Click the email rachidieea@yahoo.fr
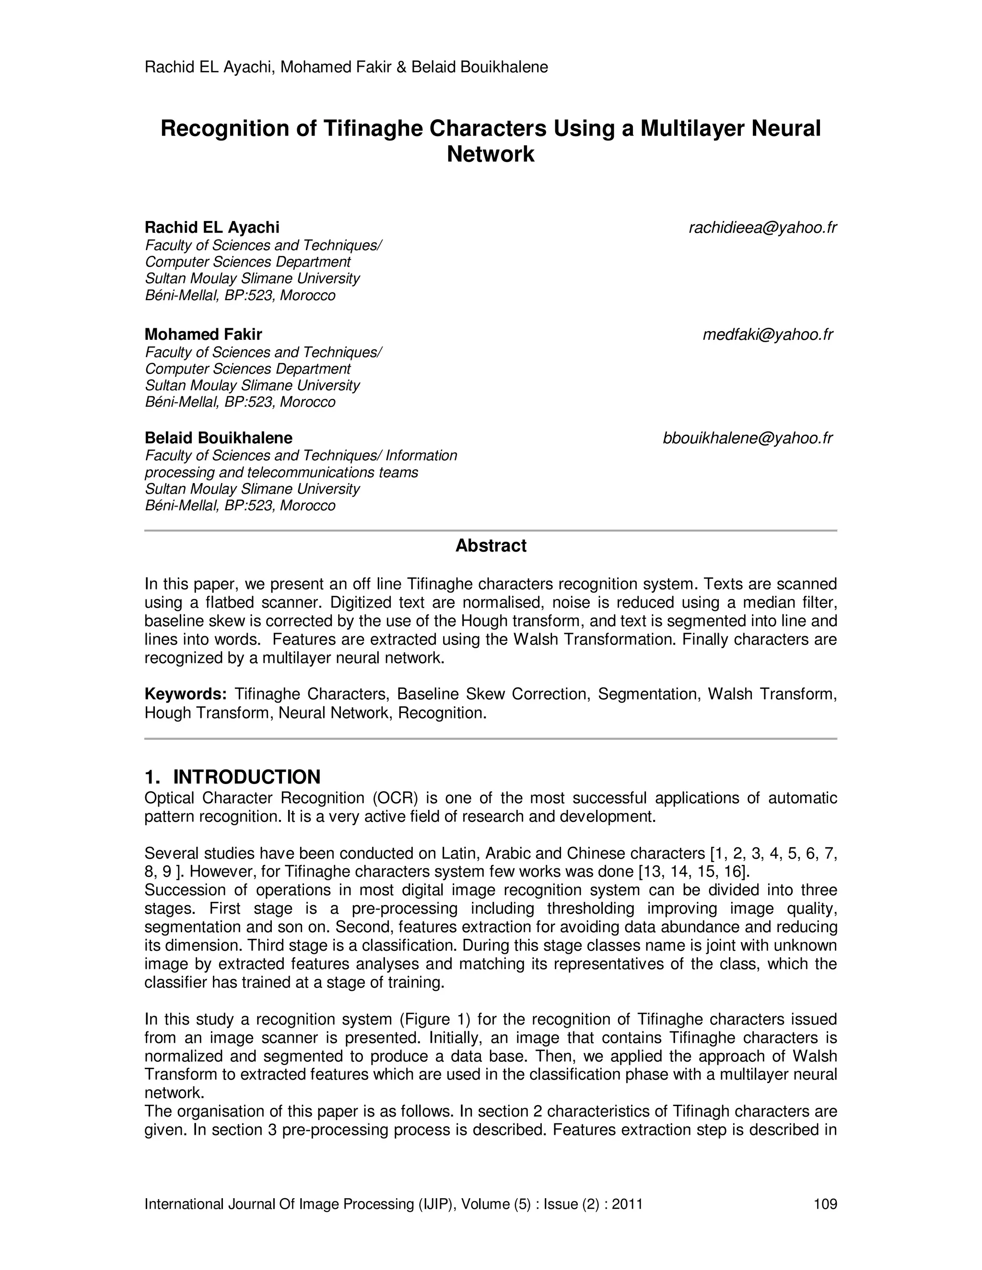click(762, 228)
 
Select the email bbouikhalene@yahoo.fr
click(748, 438)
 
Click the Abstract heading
click(491, 545)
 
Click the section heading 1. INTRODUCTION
click(232, 777)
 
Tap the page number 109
click(825, 1204)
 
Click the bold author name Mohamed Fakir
click(203, 335)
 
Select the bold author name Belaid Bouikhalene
click(218, 438)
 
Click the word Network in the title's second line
click(491, 154)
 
